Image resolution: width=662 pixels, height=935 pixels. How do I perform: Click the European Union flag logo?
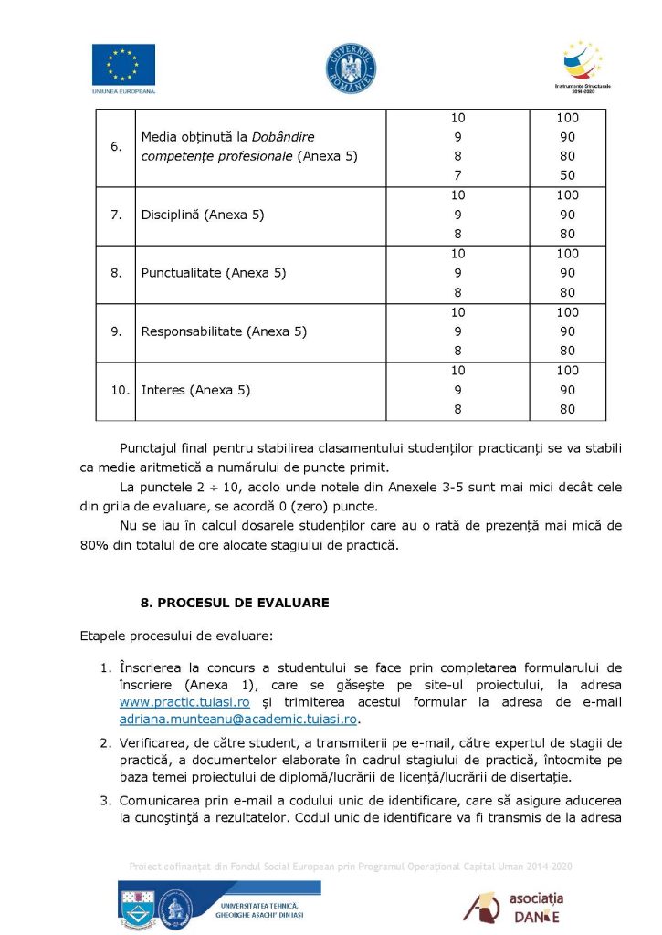[x=123, y=65]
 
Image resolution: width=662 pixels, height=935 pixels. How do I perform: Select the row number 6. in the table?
[x=117, y=146]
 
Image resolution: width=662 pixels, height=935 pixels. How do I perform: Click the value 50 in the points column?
[x=567, y=175]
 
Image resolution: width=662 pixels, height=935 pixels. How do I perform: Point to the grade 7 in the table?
[x=457, y=175]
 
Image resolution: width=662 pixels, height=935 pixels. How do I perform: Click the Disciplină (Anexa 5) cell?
[x=195, y=215]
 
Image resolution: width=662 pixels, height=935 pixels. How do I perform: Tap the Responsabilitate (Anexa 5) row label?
[x=223, y=331]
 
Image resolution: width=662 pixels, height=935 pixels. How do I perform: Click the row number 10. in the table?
[x=120, y=390]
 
